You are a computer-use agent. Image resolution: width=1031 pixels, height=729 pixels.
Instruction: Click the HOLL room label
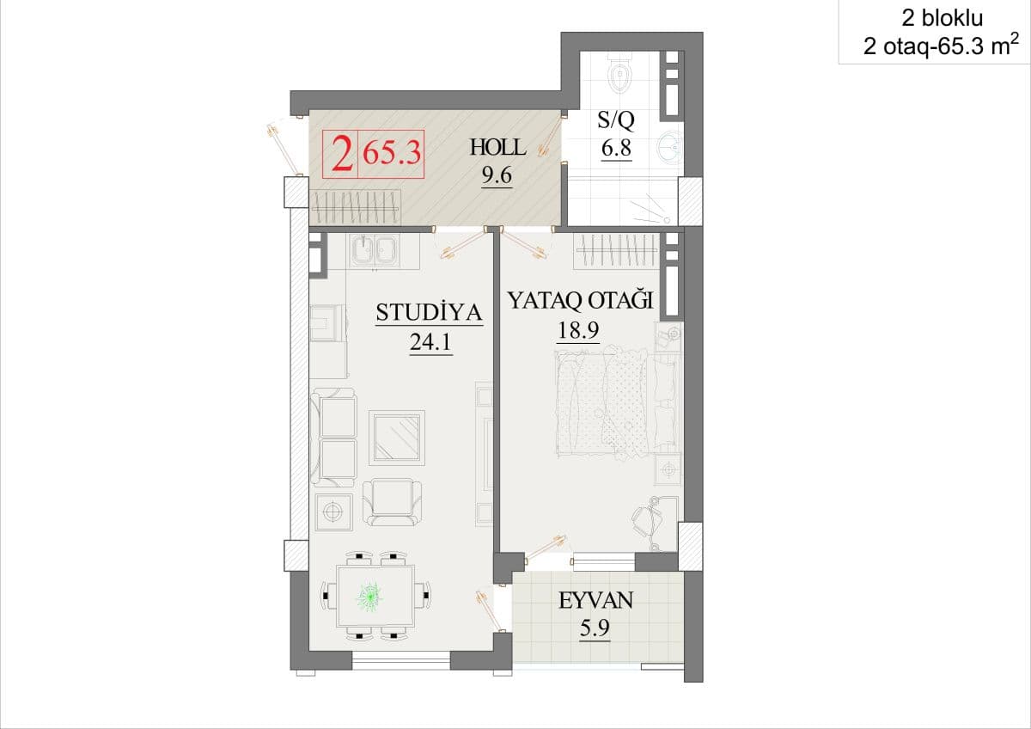pos(497,148)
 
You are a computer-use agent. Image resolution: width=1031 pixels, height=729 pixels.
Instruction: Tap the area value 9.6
pos(497,175)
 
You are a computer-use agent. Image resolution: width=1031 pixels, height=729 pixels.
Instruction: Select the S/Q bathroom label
pos(616,119)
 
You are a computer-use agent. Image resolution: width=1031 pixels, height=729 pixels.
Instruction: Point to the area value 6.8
pos(616,148)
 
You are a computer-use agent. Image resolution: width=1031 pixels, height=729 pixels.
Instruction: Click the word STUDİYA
pos(429,312)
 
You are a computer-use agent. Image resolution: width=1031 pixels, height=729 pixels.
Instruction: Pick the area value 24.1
pos(430,341)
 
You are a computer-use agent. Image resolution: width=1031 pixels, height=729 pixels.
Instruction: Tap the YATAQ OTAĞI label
pos(581,300)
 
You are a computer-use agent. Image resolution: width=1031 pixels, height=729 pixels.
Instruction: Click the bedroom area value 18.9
pos(578,330)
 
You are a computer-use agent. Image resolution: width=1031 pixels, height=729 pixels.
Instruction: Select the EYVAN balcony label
pos(596,601)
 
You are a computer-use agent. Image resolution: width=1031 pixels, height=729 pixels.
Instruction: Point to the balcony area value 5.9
pos(595,628)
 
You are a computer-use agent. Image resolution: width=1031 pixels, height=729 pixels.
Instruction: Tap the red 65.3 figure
pos(392,153)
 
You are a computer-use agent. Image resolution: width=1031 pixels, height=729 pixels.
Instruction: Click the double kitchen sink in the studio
pos(375,251)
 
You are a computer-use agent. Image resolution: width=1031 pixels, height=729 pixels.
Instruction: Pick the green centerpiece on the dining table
pos(370,597)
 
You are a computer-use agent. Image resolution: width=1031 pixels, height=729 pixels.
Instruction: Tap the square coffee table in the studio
pos(397,438)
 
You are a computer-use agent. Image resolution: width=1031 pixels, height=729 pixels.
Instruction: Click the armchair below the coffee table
pos(392,502)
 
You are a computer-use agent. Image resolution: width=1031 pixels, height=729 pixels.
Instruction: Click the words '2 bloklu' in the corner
pos(942,18)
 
